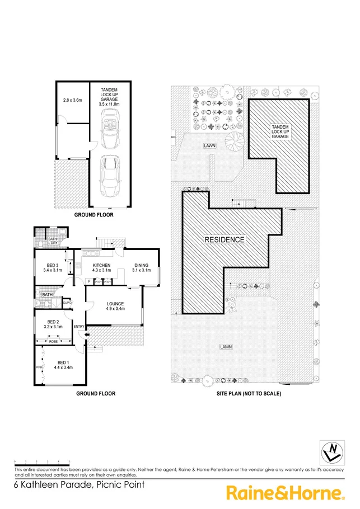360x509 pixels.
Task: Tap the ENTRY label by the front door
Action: pos(78,327)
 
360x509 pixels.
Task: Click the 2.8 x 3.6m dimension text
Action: pos(73,101)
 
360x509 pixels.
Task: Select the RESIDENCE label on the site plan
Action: pos(224,240)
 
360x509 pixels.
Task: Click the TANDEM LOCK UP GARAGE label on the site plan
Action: pos(279,131)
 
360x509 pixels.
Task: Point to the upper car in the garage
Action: pos(109,128)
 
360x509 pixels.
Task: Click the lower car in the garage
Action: pos(110,175)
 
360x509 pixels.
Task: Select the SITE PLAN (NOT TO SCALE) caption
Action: pos(249,394)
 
